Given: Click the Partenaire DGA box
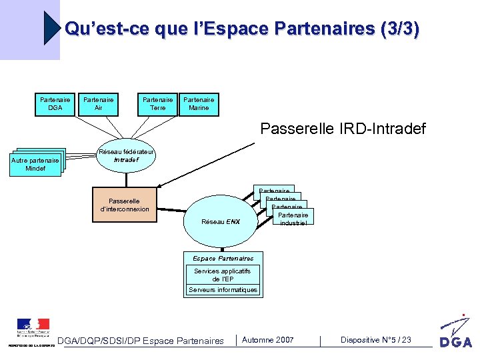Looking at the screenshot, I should [x=55, y=104].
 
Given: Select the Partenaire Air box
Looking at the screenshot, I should [x=98, y=104].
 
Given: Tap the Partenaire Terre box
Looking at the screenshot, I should [x=157, y=104].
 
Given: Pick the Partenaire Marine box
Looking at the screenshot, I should [x=199, y=104].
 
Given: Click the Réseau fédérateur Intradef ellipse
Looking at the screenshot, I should [x=126, y=159].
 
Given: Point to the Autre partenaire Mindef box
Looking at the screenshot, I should [x=35, y=165].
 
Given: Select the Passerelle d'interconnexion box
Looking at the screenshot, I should [x=124, y=205].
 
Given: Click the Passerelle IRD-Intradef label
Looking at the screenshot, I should [x=343, y=129].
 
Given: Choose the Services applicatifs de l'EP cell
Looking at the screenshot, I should [x=223, y=275].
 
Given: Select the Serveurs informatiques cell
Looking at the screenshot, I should [x=223, y=290].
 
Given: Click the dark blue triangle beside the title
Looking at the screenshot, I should [x=51, y=28].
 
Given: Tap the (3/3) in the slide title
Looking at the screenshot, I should [x=398, y=29].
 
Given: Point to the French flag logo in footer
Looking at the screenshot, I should [x=33, y=327].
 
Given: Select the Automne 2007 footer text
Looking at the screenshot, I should [x=267, y=340].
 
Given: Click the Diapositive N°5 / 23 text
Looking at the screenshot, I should [x=375, y=340].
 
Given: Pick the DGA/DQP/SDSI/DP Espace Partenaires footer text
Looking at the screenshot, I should [x=141, y=341].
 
